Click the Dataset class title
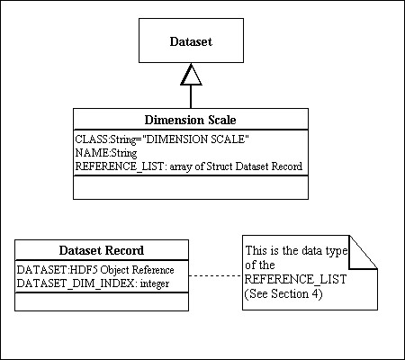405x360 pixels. pos(191,41)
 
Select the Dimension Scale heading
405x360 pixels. pos(190,120)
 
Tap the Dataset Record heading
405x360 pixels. pos(102,250)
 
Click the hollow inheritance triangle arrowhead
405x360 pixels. pos(191,75)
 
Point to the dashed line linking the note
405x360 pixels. pos(215,275)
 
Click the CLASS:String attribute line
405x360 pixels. pos(162,139)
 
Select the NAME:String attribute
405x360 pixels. pos(106,153)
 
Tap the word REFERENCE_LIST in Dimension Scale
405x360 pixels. pos(119,166)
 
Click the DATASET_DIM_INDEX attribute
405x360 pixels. pos(93,283)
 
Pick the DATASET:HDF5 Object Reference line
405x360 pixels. pos(95,270)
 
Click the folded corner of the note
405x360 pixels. pos(364,252)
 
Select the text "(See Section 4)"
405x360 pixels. pos(283,293)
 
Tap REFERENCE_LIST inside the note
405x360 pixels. pos(295,279)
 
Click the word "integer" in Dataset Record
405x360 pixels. pos(155,283)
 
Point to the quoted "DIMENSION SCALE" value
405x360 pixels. pos(195,139)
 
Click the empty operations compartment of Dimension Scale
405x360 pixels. pos(191,187)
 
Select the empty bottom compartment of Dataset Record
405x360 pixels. pos(102,301)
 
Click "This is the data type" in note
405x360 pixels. pos(296,250)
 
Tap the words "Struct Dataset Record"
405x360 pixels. pos(254,166)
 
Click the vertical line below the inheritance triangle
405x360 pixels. pos(191,97)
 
